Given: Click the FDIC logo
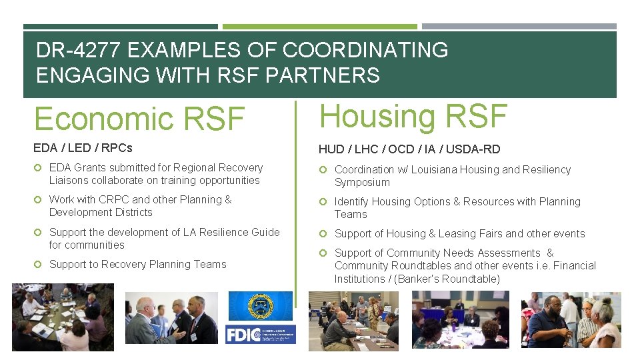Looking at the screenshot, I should [260, 334].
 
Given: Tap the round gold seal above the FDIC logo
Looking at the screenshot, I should [260, 306].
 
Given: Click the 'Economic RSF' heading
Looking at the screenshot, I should [139, 119].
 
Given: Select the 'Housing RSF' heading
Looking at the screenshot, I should [413, 116].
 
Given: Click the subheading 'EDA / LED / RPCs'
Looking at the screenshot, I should [83, 147].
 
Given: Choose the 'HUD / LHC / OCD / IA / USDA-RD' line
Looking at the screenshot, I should [409, 149].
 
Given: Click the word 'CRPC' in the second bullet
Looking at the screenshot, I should [113, 199].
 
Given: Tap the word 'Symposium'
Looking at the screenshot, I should [362, 182].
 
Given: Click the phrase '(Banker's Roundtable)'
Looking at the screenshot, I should [447, 279].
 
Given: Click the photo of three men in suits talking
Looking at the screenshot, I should [171, 318].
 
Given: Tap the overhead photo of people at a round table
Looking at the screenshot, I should [63, 317].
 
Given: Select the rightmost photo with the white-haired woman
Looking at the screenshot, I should [571, 319].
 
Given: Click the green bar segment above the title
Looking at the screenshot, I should [319, 27].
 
